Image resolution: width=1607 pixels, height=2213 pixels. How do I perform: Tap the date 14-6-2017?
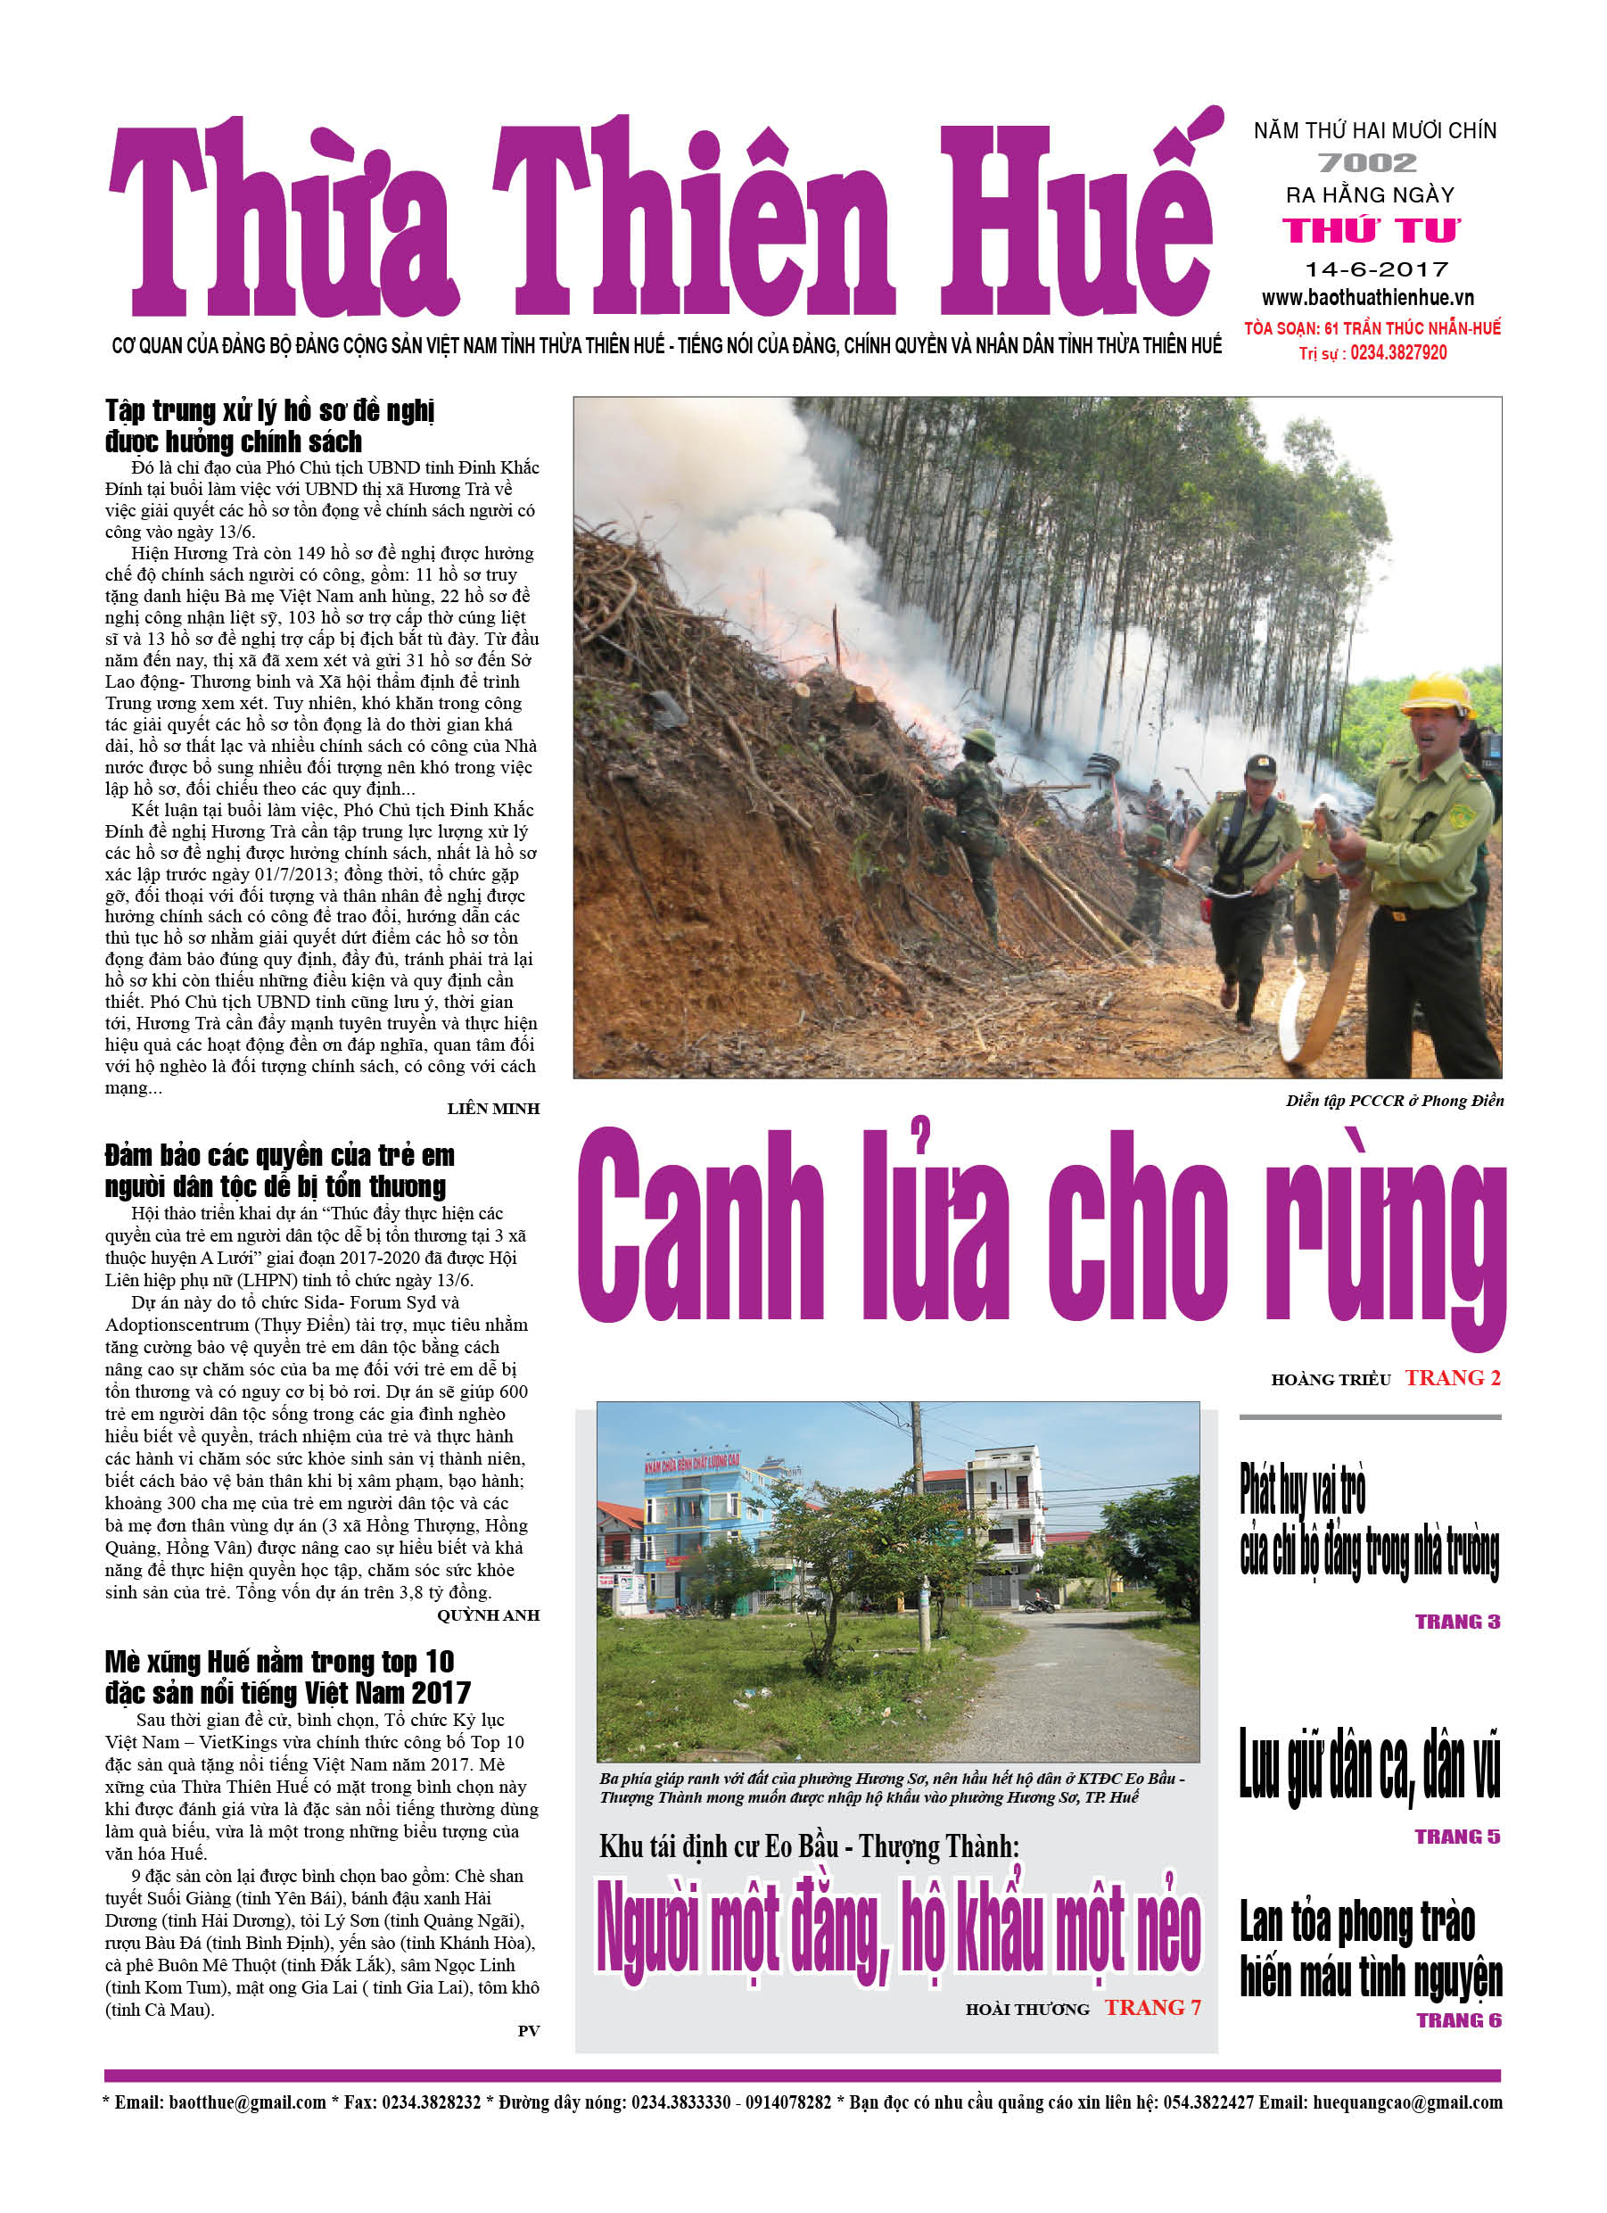[x=1377, y=269]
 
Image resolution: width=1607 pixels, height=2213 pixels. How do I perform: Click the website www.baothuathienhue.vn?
[x=1367, y=299]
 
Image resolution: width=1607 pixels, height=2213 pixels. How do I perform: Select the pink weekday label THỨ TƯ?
[x=1371, y=230]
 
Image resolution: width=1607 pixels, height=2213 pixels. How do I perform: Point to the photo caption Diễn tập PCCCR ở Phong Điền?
[x=1394, y=1102]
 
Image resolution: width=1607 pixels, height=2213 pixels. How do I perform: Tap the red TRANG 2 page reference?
[x=1452, y=1379]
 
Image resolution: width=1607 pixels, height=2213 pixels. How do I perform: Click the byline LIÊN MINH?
[x=493, y=1109]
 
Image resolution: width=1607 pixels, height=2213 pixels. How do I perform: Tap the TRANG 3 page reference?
[x=1457, y=1623]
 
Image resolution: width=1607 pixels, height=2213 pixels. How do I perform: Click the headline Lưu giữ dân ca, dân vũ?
[x=1369, y=1766]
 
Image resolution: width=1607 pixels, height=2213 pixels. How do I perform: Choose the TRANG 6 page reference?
[x=1458, y=2020]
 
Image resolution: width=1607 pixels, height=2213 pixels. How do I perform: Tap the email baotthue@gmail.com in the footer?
[x=248, y=2102]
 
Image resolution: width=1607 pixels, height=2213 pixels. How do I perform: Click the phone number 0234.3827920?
[x=1398, y=353]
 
